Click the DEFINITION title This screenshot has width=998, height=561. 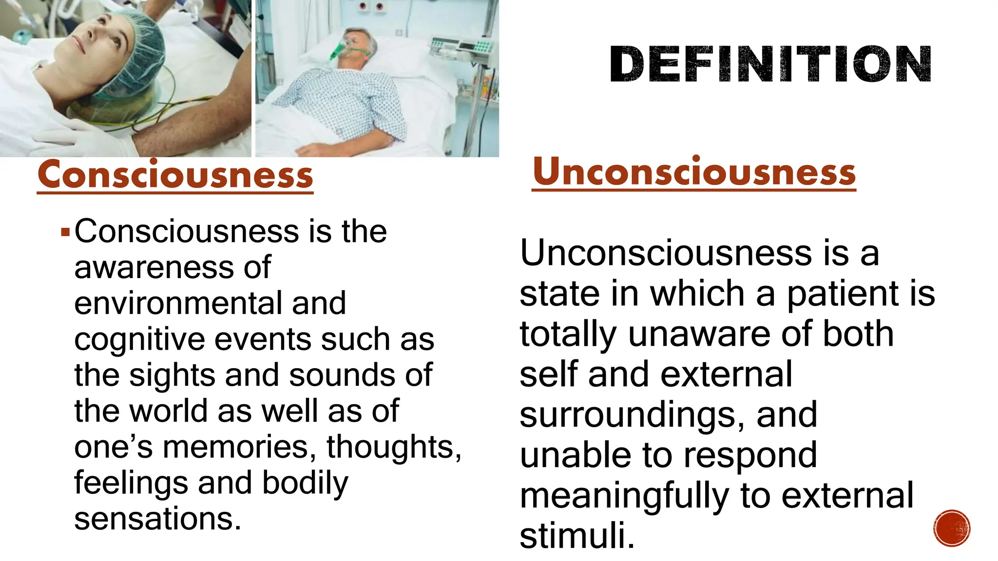click(x=770, y=64)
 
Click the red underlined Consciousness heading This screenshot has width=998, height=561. click(x=175, y=175)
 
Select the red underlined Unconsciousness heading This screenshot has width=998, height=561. click(x=694, y=172)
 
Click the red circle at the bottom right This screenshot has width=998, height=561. click(x=952, y=528)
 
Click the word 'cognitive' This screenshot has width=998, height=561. click(x=140, y=340)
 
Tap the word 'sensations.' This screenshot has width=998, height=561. click(x=157, y=519)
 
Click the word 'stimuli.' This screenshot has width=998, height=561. click(x=577, y=536)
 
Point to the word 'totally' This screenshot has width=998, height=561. click(x=568, y=335)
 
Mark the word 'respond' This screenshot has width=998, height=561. click(x=750, y=456)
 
